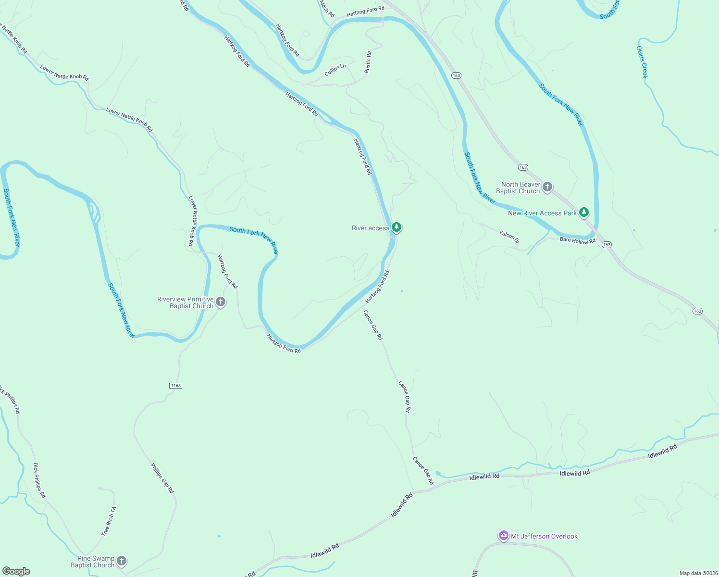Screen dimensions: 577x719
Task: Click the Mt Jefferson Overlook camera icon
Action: [x=503, y=536]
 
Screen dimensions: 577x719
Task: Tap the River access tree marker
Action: [x=396, y=227]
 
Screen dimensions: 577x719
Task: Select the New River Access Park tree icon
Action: [x=583, y=212]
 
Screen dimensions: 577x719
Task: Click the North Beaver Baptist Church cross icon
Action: [x=547, y=187]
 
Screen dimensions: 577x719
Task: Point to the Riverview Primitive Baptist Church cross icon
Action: [x=221, y=302]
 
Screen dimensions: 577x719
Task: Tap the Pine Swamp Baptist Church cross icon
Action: [x=122, y=561]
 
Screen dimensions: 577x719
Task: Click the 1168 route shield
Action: [x=176, y=386]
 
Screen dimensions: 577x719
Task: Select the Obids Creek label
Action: [x=642, y=62]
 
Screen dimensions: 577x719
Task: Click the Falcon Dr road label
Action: [x=509, y=236]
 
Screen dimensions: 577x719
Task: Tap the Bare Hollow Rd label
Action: [x=577, y=240]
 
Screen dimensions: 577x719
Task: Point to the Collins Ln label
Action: [x=335, y=70]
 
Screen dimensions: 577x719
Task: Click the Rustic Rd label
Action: [x=368, y=62]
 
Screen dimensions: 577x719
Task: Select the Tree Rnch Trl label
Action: [x=109, y=521]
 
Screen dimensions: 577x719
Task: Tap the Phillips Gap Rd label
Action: [x=162, y=478]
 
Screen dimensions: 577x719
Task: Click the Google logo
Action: [x=16, y=571]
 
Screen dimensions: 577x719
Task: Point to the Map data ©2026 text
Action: [x=697, y=573]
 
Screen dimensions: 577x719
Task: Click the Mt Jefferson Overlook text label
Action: [x=544, y=536]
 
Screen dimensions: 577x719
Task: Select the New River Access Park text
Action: [x=542, y=213]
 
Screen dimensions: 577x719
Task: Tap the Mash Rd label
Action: [x=327, y=8]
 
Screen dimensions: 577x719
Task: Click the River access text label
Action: [x=371, y=228]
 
